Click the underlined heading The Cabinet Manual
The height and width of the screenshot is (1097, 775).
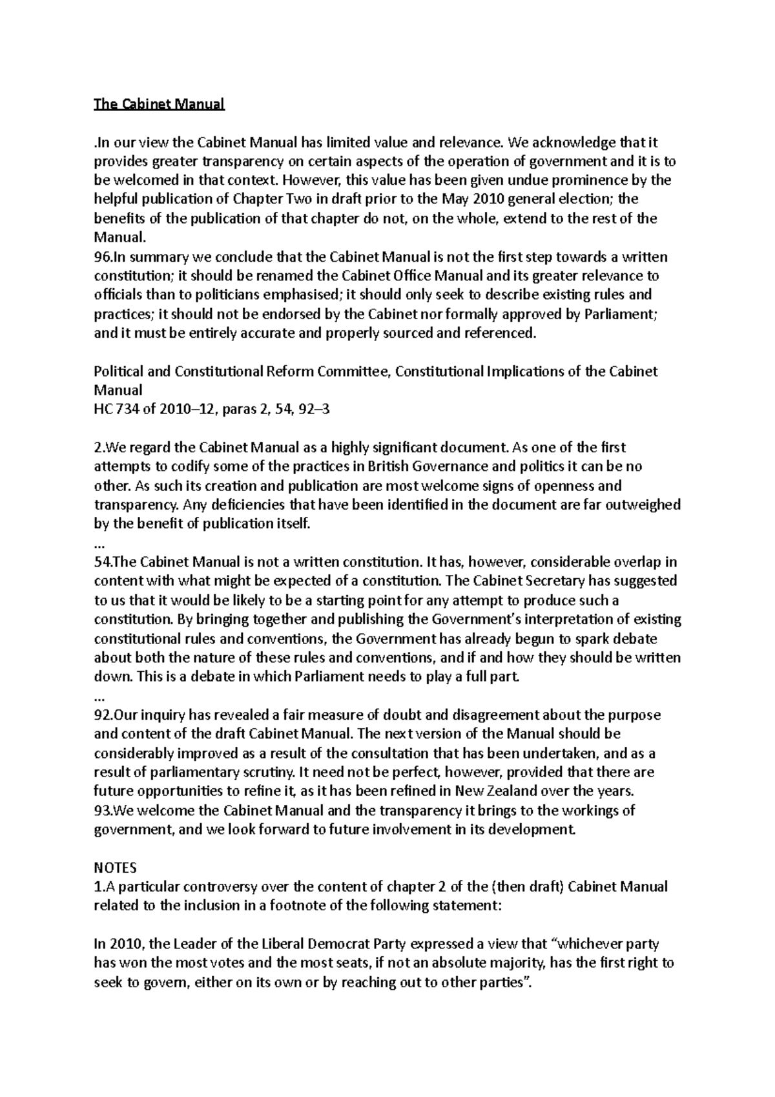pyautogui.click(x=159, y=104)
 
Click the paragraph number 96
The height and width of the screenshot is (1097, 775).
pyautogui.click(x=103, y=257)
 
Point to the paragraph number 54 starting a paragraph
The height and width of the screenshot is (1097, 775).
pyautogui.click(x=103, y=562)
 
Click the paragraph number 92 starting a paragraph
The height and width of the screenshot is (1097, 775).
pyautogui.click(x=103, y=715)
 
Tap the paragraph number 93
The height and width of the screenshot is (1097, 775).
pyautogui.click(x=103, y=811)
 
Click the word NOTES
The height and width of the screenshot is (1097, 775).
pyautogui.click(x=116, y=868)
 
